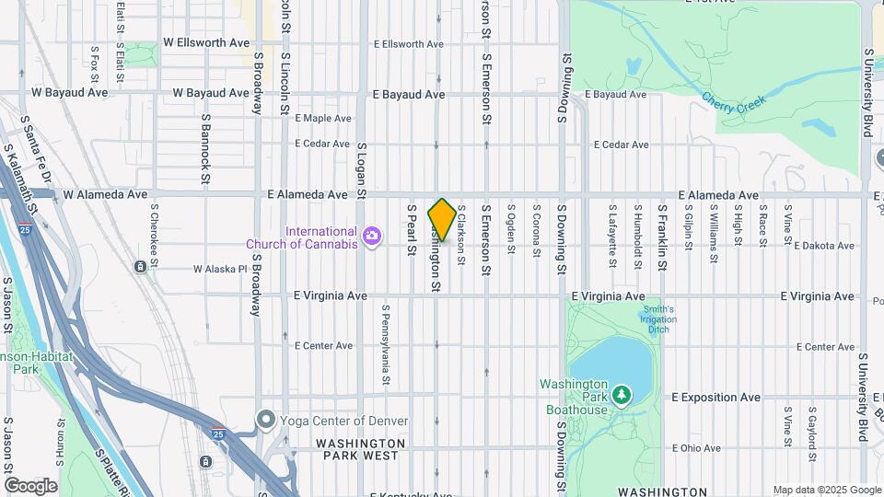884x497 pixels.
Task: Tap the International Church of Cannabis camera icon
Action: tap(372, 237)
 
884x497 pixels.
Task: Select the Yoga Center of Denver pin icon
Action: tap(266, 421)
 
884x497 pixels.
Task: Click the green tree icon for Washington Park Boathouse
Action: tap(622, 395)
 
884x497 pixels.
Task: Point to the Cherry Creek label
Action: tap(735, 103)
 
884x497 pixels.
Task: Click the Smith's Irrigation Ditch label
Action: tap(658, 319)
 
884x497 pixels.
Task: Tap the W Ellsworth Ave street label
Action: tap(206, 42)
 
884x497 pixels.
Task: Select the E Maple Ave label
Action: tap(322, 119)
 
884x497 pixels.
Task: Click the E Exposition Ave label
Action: tap(715, 398)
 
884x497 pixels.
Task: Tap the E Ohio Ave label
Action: tap(696, 448)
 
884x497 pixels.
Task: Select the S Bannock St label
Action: tap(205, 147)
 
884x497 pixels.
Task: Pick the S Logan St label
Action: tap(362, 170)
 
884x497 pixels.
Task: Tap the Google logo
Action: tap(30, 485)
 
